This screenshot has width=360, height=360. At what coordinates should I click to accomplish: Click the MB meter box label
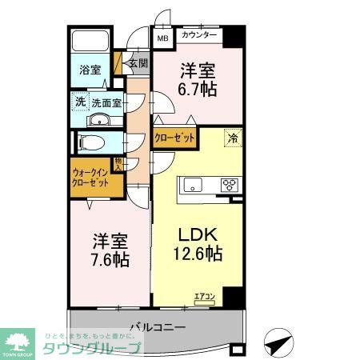tap(162, 37)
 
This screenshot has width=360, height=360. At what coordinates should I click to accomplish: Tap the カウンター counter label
tap(199, 36)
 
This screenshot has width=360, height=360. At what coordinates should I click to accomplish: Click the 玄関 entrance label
tap(138, 63)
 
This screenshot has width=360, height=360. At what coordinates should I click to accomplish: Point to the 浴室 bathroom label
tap(90, 70)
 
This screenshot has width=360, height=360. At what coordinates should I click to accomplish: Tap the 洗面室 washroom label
tap(106, 102)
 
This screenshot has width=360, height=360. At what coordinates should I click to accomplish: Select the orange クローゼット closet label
tap(174, 138)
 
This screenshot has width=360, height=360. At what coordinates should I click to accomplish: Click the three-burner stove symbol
tap(230, 185)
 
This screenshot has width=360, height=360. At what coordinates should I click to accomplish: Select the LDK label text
tap(196, 236)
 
